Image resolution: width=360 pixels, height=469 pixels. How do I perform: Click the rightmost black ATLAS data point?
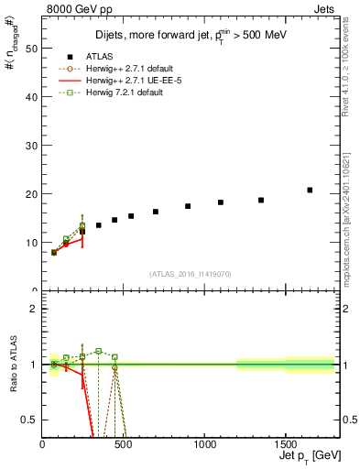click(310, 190)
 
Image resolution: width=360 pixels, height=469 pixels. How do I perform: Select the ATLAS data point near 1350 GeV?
click(261, 200)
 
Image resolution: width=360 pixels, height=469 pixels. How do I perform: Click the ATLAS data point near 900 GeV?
click(188, 206)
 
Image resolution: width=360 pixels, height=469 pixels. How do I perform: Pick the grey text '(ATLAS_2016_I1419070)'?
click(190, 273)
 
